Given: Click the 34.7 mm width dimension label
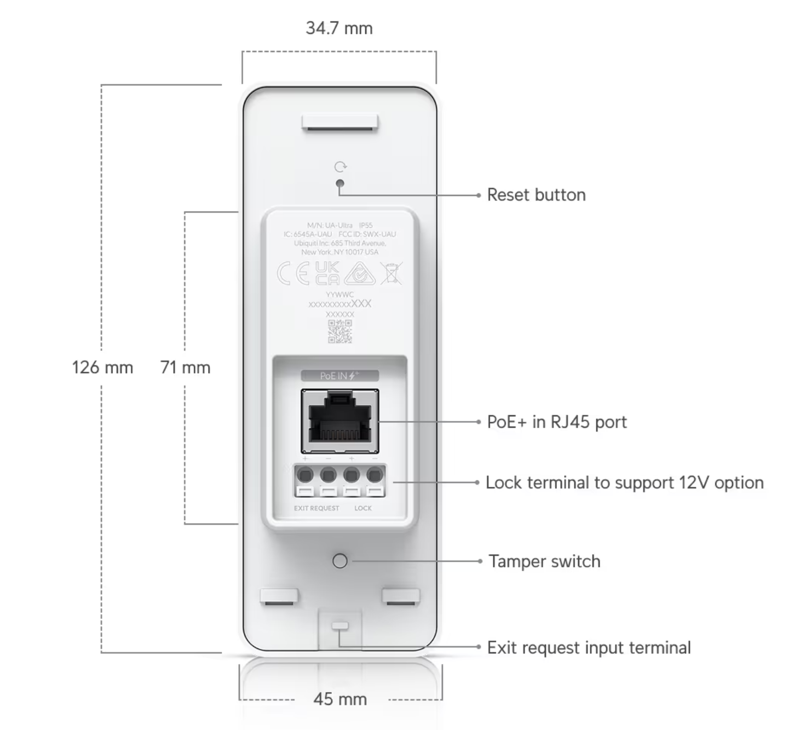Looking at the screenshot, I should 339,28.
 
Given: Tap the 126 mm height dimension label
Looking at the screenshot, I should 102,367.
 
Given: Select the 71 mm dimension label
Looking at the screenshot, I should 185,367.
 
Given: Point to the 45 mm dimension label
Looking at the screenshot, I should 340,699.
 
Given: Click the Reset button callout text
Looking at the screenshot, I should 536,195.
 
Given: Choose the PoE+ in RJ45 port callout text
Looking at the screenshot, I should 557,422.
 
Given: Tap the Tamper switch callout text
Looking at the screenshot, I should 544,561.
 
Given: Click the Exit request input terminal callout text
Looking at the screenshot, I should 589,648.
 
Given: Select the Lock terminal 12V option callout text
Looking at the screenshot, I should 624,482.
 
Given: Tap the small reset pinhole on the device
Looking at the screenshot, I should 340,183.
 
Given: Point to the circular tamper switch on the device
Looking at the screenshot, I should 340,561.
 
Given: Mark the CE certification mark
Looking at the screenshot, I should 293,273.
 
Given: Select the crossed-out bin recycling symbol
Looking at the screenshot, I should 391,273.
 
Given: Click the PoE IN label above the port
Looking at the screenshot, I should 339,376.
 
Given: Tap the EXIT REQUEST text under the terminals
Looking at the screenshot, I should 316,508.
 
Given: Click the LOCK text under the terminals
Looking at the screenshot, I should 362,508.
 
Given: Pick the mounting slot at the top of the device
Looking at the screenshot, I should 339,123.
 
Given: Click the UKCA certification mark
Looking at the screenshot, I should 327,273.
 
